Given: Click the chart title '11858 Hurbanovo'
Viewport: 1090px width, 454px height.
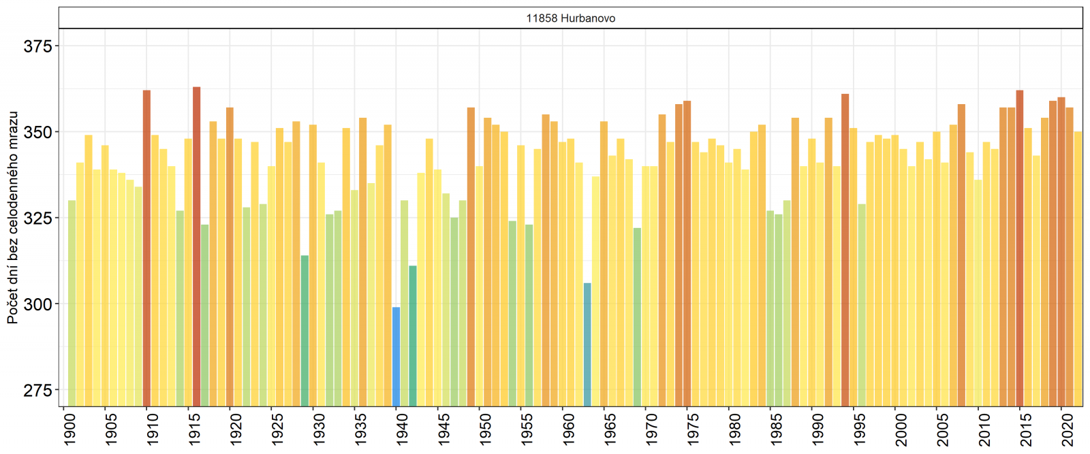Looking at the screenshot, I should click(x=570, y=18).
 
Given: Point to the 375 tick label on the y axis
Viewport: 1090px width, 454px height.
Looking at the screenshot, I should click(x=37, y=46).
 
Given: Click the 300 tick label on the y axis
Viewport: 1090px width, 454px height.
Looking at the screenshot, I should click(x=37, y=304).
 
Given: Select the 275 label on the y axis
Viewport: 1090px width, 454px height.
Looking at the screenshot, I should click(x=37, y=391).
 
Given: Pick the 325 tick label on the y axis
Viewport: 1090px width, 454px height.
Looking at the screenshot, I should click(x=37, y=218).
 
